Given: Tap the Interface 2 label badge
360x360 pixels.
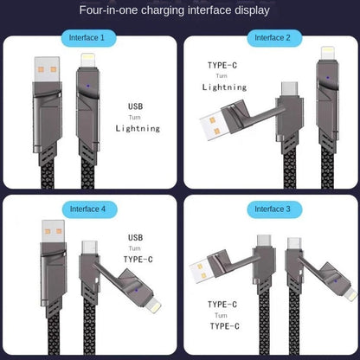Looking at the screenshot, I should (x=272, y=38).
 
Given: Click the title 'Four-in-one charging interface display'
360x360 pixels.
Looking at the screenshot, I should (x=180, y=11).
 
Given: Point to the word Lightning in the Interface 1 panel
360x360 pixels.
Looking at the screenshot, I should (x=138, y=128).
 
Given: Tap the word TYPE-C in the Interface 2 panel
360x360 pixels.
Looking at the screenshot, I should (x=222, y=65).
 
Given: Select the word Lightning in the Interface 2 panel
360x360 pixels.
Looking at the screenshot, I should (x=224, y=87).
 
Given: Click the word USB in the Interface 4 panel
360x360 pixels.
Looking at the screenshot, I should (x=136, y=236).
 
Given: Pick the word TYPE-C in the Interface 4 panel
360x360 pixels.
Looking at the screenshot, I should (x=138, y=259).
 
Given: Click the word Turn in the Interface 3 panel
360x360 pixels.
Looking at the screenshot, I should (x=222, y=316).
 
